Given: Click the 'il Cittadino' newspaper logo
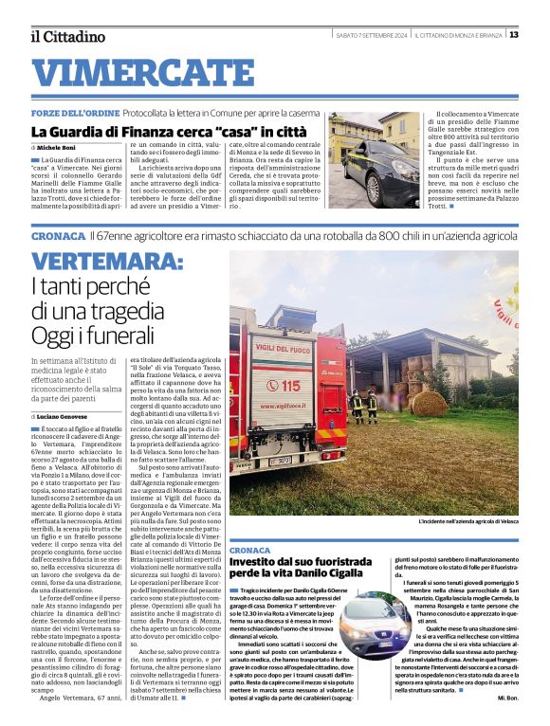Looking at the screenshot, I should (x=66, y=37).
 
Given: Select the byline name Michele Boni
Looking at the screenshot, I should (x=58, y=149).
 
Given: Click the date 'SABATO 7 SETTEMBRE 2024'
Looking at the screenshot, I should (x=372, y=35).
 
